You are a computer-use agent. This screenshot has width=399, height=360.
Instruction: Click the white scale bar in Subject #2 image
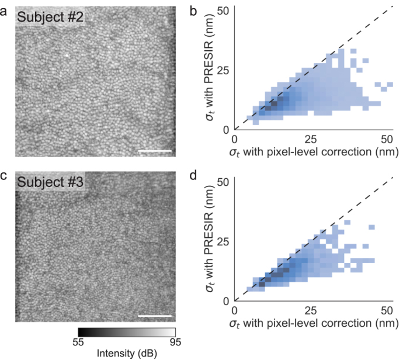coord(156,151)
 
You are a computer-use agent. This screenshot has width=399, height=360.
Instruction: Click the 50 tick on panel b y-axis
coord(223,10)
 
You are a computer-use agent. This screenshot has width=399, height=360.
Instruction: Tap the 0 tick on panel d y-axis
coord(225,300)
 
